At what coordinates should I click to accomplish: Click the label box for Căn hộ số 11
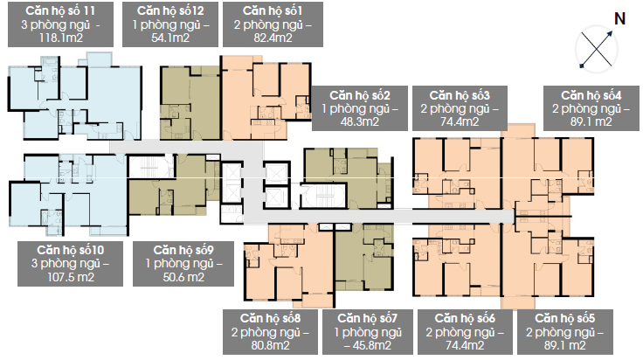60,24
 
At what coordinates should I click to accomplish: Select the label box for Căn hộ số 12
170,24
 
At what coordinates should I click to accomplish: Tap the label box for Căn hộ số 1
273,24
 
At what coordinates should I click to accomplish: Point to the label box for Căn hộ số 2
360,108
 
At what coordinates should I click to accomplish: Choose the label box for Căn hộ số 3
460,108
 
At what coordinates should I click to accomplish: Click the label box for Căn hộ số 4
591,108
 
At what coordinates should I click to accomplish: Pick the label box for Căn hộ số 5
565,332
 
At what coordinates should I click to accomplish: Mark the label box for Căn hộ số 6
465,332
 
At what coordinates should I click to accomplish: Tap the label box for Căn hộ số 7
368,332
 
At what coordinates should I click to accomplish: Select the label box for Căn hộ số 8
270,332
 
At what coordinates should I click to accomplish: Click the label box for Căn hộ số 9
183,264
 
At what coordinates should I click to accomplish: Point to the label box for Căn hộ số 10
70,264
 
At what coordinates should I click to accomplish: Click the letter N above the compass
619,19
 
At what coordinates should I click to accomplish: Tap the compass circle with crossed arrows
597,50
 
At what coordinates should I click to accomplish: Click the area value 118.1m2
60,38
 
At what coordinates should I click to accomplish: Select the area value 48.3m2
360,121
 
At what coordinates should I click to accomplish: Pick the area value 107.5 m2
71,277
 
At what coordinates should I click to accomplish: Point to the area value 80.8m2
270,345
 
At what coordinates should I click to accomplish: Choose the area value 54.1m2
170,38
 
